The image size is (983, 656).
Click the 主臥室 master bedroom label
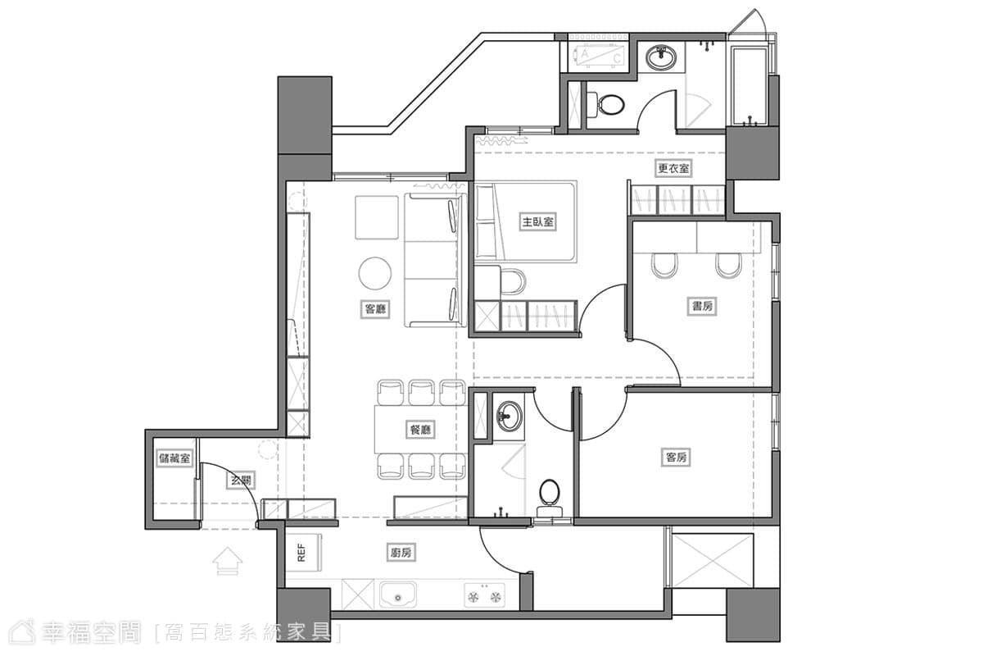click(537, 222)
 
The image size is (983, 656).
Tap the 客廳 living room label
click(376, 309)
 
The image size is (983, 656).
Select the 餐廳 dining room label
click(420, 430)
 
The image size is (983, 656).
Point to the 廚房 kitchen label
click(401, 553)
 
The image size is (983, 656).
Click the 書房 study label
click(702, 306)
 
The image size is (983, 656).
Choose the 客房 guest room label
click(676, 458)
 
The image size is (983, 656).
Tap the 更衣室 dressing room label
click(673, 168)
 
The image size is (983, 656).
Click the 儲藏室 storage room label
click(174, 458)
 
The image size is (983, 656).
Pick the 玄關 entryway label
click(241, 481)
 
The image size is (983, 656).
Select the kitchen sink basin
click(398, 595)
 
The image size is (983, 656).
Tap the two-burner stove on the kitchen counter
click(484, 595)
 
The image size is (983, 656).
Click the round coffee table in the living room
click(375, 273)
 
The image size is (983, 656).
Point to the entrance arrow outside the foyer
click(228, 561)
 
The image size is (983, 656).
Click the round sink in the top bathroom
click(660, 57)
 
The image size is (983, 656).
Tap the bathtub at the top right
click(749, 85)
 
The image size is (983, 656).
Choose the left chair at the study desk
click(664, 266)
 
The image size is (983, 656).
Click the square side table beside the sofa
click(377, 217)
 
